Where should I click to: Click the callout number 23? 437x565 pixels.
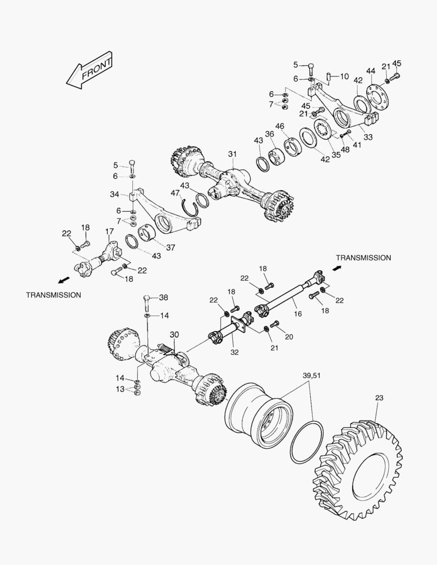click(x=379, y=398)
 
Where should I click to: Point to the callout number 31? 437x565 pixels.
click(x=232, y=154)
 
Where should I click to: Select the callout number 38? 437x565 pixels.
click(x=163, y=297)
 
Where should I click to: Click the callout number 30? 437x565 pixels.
click(x=174, y=334)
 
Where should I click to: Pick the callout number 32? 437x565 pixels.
click(x=234, y=353)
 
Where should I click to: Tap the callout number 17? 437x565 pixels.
click(x=109, y=231)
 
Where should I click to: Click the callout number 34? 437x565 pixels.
click(x=115, y=195)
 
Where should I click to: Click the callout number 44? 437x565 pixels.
click(x=371, y=71)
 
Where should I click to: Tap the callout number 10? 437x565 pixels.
click(x=344, y=76)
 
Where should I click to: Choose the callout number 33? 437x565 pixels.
click(x=368, y=137)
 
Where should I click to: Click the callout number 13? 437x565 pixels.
click(x=120, y=389)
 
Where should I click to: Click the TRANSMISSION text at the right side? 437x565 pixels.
click(x=363, y=258)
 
